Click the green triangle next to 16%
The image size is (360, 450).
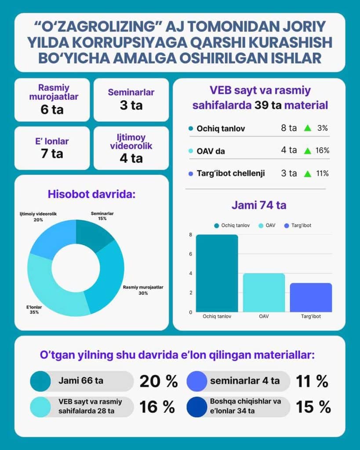click(308, 151)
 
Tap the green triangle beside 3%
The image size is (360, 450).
click(308, 128)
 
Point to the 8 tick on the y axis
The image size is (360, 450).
click(190, 235)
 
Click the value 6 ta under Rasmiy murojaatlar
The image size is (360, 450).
click(51, 109)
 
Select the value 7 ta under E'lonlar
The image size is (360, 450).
click(51, 153)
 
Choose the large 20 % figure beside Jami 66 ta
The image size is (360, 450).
click(158, 381)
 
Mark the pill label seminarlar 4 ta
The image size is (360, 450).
click(244, 381)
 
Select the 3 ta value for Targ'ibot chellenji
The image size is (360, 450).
click(289, 173)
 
